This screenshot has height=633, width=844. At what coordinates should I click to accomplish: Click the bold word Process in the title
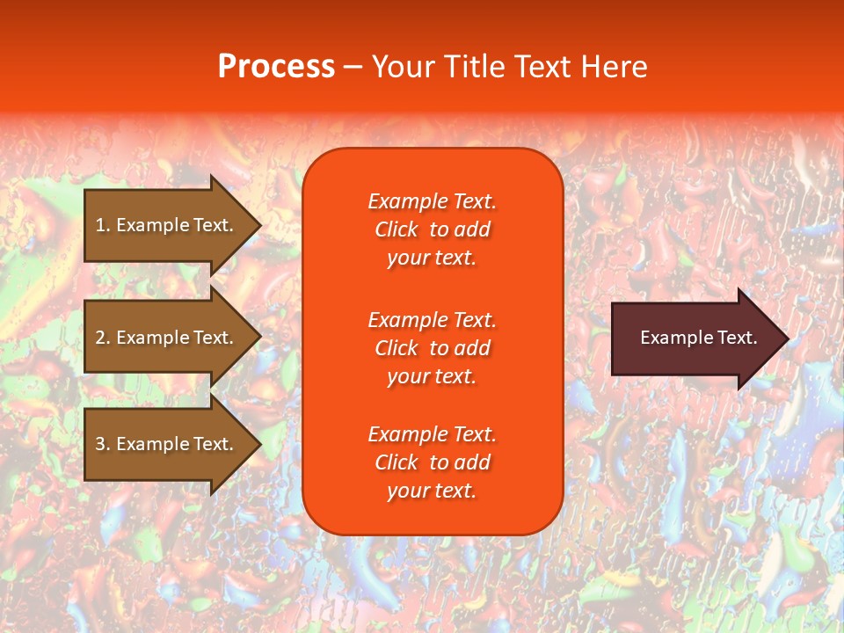coord(276,67)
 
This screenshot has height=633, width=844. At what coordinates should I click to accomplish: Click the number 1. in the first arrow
coord(103,225)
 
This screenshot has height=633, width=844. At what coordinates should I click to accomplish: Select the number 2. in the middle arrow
coord(103,338)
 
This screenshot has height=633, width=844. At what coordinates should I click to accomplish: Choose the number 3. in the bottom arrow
coord(103,444)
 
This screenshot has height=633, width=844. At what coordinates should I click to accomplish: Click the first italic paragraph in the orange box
coord(432,229)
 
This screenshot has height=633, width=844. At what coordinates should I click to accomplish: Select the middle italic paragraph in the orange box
coord(432,348)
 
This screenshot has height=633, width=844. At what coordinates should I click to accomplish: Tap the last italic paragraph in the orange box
coord(432,462)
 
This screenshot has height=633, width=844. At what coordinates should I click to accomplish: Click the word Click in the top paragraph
coord(397,229)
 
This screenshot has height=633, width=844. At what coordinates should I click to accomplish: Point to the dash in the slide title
coord(353,67)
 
